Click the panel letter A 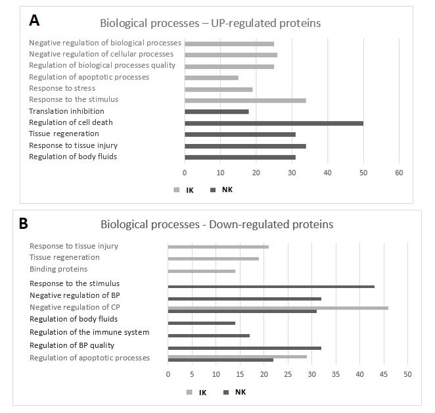tap(34, 20)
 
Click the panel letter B tap(24, 223)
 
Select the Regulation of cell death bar tap(273, 123)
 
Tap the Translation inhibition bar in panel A tap(216, 112)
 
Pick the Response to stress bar tap(218, 89)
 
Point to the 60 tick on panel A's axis tap(398, 172)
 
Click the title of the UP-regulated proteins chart tap(210, 24)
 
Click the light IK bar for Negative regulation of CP tap(278, 307)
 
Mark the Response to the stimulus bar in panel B tap(271, 287)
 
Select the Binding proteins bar tap(201, 271)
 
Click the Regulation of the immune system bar tap(208, 335)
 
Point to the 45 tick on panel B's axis tap(383, 374)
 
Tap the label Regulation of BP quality tap(72, 345)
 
